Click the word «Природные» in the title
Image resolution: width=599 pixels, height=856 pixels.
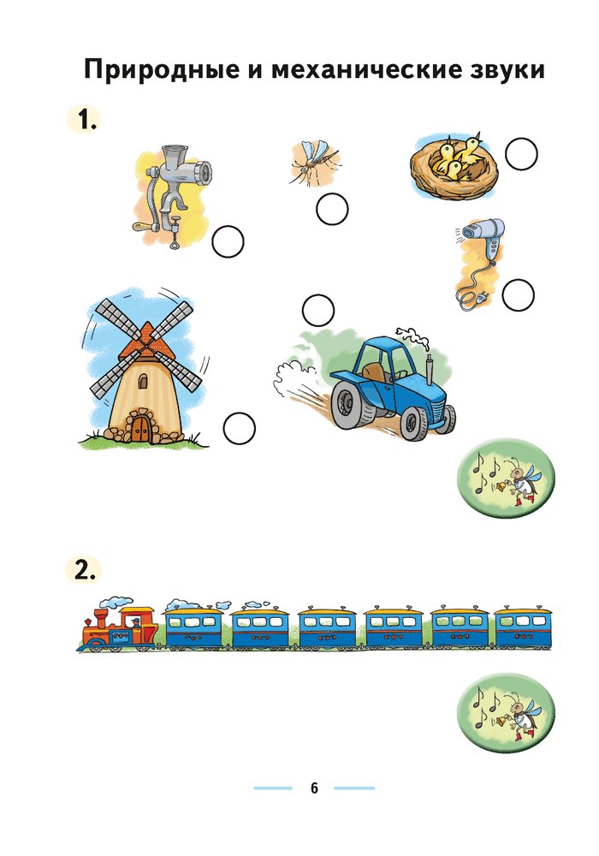[162, 71]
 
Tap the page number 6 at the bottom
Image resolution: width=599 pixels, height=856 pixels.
[314, 788]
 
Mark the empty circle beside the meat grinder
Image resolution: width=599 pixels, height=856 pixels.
[228, 242]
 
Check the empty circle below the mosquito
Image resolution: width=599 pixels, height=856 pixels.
[332, 209]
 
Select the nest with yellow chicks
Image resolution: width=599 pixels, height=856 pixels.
[454, 167]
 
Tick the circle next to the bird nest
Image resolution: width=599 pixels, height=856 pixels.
[521, 153]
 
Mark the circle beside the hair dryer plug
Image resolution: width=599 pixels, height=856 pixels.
[518, 295]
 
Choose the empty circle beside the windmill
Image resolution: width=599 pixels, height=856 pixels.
[239, 428]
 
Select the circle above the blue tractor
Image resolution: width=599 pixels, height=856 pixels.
[318, 310]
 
